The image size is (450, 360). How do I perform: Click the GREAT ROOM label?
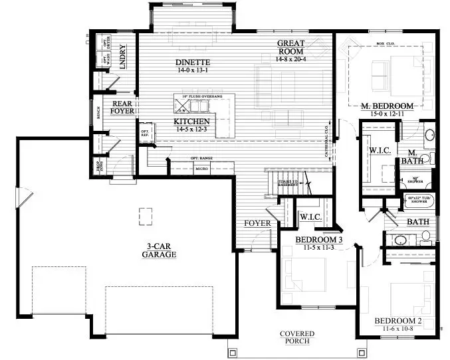tap(290, 46)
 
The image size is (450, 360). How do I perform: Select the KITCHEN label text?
tap(192, 122)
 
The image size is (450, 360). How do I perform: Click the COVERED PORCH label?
tap(296, 337)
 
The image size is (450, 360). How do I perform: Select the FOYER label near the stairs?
tap(257, 223)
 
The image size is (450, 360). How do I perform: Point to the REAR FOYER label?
tap(122, 108)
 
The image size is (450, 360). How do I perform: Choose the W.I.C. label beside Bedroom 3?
tap(310, 217)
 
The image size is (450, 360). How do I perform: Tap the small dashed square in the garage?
tap(145, 215)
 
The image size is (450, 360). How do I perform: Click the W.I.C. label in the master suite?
tap(380, 151)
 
